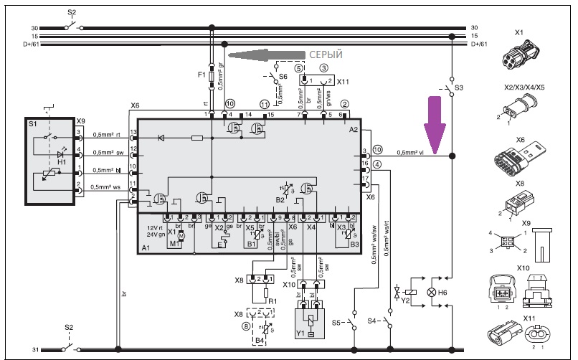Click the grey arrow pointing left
coord(265,55)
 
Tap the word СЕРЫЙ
coord(326,55)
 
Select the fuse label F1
coord(201,75)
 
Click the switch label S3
coord(460,87)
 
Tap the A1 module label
coord(146,247)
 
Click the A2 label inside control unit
coord(353,130)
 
